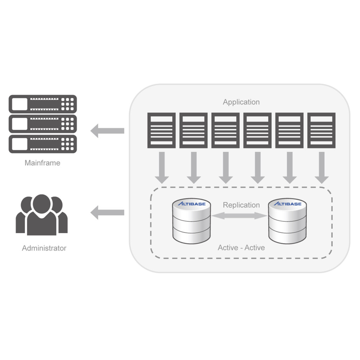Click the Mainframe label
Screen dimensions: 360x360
(x=43, y=163)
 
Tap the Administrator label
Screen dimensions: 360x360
(x=44, y=248)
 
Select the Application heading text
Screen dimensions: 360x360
(x=241, y=102)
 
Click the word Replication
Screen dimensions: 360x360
(x=241, y=205)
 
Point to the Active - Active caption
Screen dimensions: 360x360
(x=241, y=247)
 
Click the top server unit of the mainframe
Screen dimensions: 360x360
(x=43, y=104)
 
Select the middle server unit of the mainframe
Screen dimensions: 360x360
(x=43, y=124)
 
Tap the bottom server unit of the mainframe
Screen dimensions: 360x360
(x=43, y=144)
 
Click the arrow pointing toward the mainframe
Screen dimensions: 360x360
(x=107, y=131)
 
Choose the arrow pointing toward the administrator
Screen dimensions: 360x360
(x=107, y=213)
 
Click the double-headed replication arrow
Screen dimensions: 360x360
(x=239, y=216)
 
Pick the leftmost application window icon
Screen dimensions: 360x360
(x=161, y=130)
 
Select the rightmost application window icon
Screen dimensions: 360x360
(x=322, y=130)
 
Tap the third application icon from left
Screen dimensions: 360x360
(x=225, y=130)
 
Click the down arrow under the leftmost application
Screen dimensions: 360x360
(x=161, y=168)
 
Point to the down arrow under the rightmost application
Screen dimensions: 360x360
(x=322, y=168)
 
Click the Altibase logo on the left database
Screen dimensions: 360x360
(x=192, y=204)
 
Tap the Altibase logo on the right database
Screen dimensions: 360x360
(x=287, y=204)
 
